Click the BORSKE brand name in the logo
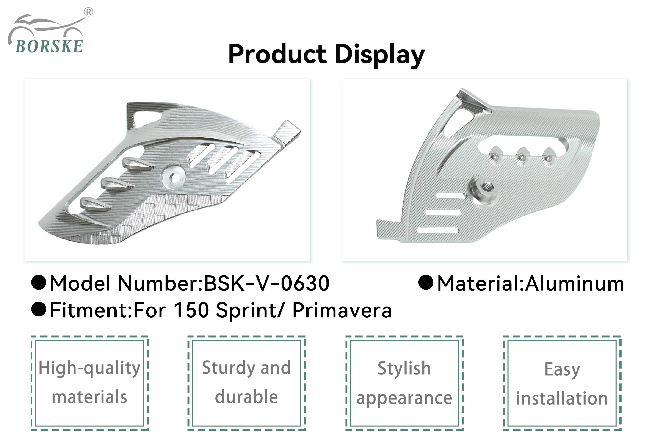point(49,46)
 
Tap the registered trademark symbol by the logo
point(88,12)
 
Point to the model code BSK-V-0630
point(267,283)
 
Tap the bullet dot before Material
point(426,282)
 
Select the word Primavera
point(342,310)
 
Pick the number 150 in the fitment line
point(191,310)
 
